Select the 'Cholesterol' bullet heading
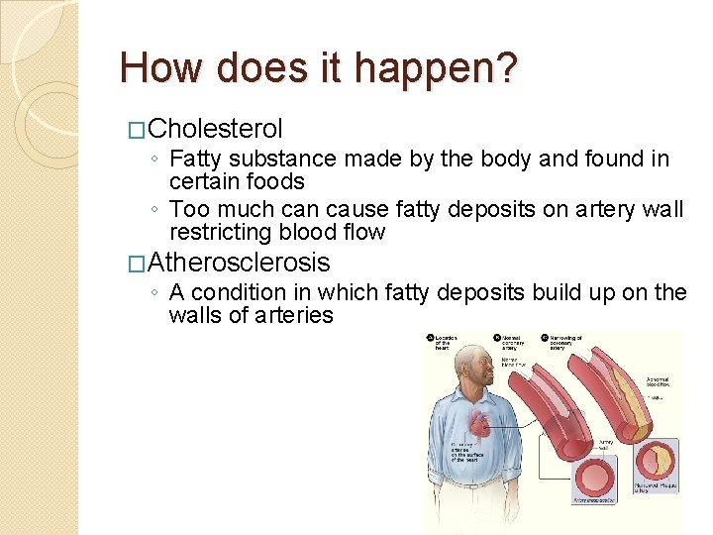pyautogui.click(x=216, y=129)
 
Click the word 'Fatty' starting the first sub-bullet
pyautogui.click(x=196, y=159)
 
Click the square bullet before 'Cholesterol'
pyautogui.click(x=138, y=130)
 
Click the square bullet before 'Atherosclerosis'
pyautogui.click(x=138, y=264)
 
